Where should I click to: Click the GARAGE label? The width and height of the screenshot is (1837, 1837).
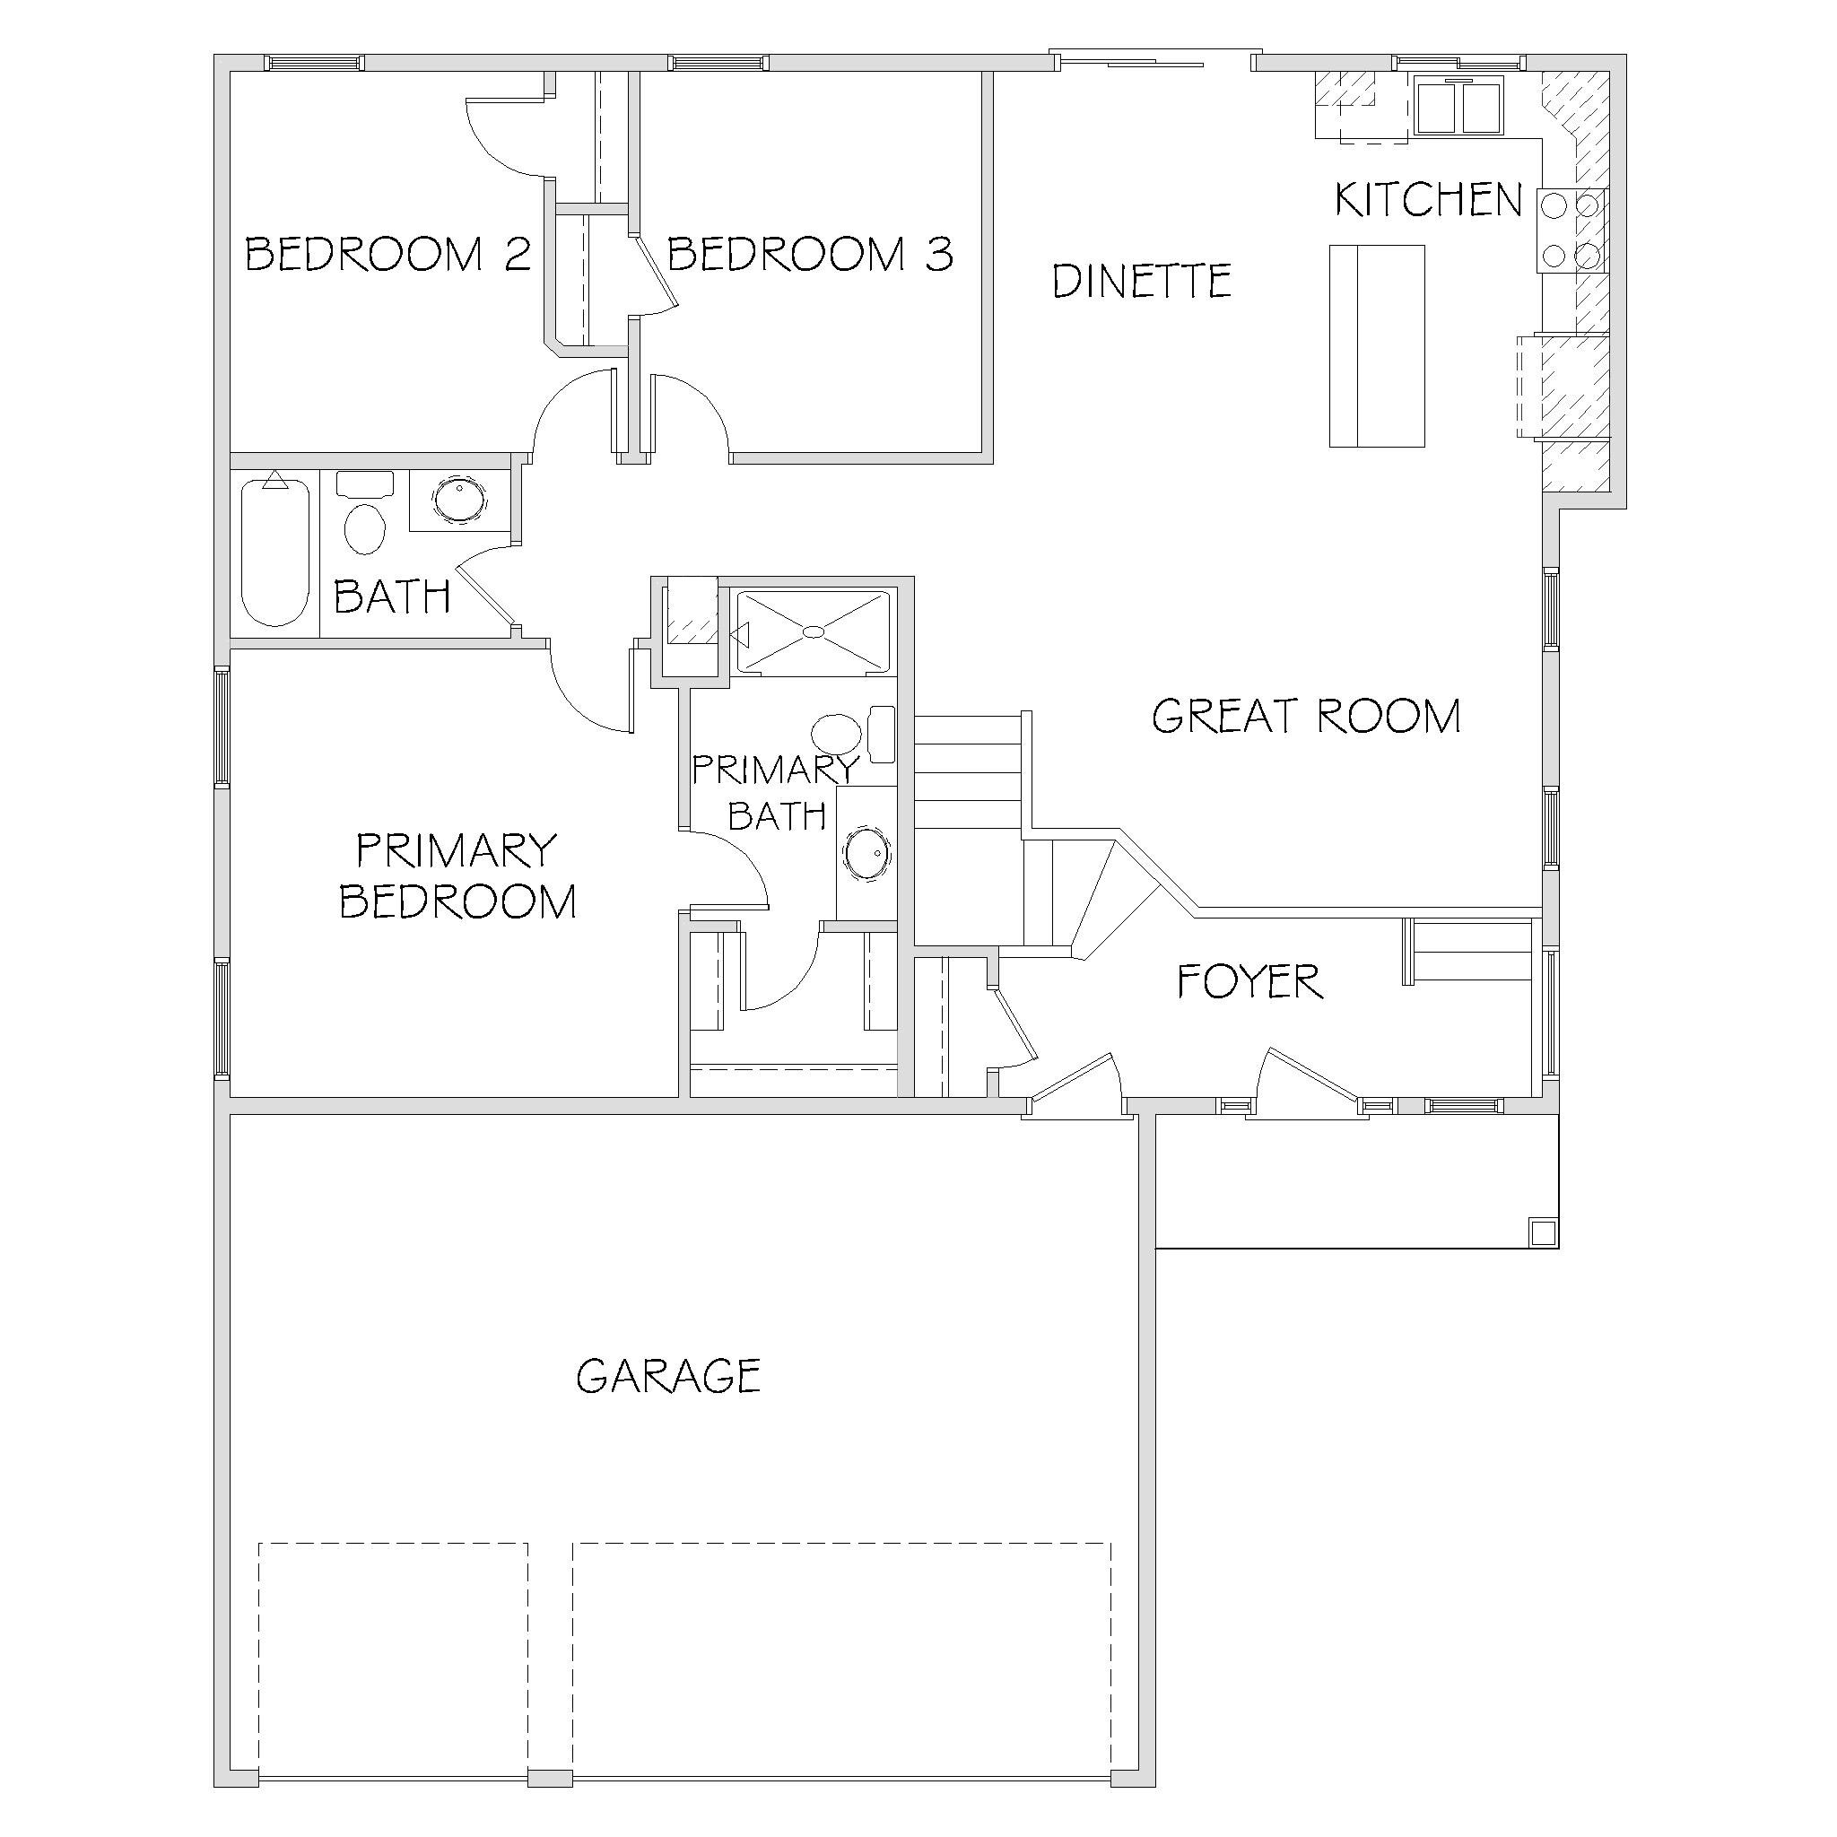tap(668, 1376)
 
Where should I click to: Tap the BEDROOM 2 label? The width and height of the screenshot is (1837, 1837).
tap(387, 254)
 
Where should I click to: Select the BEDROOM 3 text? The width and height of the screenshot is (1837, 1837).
tap(810, 254)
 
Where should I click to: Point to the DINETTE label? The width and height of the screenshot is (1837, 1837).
tap(1142, 281)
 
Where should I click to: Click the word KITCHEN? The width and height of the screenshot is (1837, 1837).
tap(1428, 200)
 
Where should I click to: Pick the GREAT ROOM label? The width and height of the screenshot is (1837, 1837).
tap(1306, 716)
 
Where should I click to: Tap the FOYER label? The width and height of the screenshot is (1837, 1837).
tap(1250, 981)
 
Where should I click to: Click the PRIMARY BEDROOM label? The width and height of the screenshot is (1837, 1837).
tap(457, 875)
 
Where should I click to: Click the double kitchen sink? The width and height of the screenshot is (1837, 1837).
tap(1458, 107)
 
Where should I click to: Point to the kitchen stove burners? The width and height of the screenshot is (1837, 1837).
tap(1571, 231)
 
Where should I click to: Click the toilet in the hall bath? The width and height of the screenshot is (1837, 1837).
tap(365, 513)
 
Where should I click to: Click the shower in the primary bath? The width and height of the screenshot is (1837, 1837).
tap(814, 631)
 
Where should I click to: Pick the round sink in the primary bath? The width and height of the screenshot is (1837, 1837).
tap(866, 852)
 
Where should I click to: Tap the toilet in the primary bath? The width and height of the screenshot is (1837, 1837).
tap(852, 734)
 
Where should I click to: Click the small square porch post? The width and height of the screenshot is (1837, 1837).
tap(1542, 1232)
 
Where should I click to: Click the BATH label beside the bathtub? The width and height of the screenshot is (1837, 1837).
tap(392, 596)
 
